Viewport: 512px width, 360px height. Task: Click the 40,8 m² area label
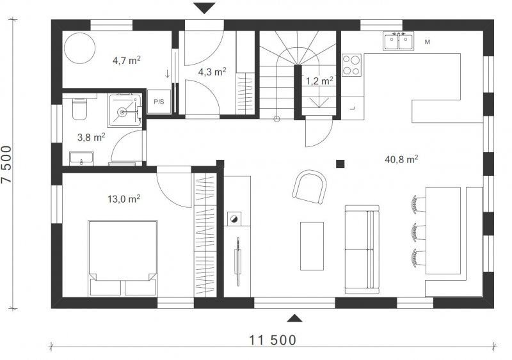pos(402,159)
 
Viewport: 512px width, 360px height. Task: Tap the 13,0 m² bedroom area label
pos(124,199)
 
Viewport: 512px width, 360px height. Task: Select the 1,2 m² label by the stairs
pos(319,81)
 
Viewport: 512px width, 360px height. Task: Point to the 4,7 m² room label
pos(126,60)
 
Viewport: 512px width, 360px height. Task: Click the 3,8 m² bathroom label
pos(91,137)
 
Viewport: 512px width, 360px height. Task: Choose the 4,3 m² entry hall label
pos(212,72)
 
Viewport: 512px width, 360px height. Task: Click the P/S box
pos(159,102)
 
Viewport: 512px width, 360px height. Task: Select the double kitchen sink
pos(398,41)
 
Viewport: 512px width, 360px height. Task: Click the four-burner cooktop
pos(351,65)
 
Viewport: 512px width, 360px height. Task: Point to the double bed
pos(123,258)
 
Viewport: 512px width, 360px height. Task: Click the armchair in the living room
pos(309,186)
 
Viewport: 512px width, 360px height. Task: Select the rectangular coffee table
pos(312,246)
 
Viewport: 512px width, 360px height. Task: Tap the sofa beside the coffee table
pos(362,249)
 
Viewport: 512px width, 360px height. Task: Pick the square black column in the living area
pos(340,164)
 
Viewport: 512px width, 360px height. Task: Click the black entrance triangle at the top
pos(204,7)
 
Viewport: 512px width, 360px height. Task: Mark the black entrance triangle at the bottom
pos(294,318)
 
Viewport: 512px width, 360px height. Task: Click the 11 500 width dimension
pos(273,340)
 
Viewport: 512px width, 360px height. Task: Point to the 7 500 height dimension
pos(6,164)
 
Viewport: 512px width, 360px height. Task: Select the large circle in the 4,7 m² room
pos(79,48)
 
